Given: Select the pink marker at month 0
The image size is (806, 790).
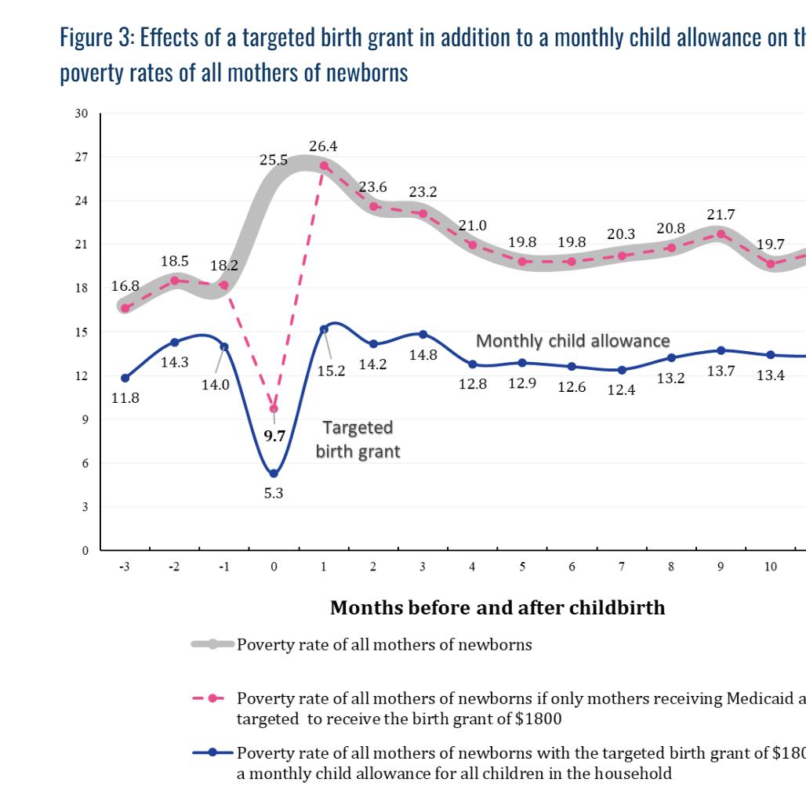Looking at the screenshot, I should pos(274,408).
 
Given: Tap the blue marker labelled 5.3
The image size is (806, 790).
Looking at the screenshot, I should pos(274,473).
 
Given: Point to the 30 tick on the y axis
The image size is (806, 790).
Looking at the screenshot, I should pos(82,114).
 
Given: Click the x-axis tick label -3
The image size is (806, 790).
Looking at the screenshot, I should pos(124,567).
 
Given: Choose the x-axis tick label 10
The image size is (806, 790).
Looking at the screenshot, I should pos(771,567).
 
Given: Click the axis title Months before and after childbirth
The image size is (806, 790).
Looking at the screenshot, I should pos(497,607).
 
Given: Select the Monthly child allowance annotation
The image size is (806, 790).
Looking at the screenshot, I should pos(573,341).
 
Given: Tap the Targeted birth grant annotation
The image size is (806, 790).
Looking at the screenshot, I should pos(358,440).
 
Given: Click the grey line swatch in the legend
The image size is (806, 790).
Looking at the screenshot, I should pos(212,645).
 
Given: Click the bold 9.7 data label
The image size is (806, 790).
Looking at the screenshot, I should pos(274,437).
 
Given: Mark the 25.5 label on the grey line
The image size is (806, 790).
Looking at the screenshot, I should pos(274,161).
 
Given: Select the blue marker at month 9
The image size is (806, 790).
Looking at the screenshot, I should pos(721,350).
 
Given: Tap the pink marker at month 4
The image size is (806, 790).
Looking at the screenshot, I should pos(473,245).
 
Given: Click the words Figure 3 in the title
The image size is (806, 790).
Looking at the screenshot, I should pos(93,39).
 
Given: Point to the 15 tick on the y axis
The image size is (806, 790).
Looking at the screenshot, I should pos(82,332).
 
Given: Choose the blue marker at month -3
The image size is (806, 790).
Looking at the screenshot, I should pos(125,378).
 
